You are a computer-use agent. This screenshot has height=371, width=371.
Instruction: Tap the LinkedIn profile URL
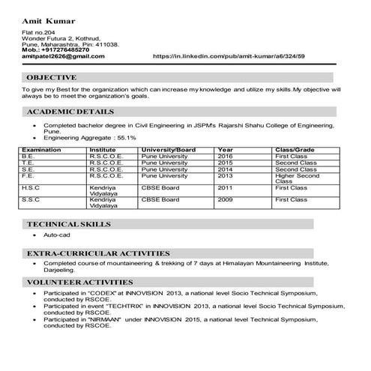coord(229,56)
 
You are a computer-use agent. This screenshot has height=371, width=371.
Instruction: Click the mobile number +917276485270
coord(67,50)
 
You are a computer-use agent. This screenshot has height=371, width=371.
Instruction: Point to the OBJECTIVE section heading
coord(51,77)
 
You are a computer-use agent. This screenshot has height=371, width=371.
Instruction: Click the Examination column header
coord(42,150)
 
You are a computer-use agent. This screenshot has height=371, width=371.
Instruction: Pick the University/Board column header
coord(168,150)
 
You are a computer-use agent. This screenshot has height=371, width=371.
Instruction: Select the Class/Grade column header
coord(295,150)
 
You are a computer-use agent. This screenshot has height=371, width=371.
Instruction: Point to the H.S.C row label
coord(31,187)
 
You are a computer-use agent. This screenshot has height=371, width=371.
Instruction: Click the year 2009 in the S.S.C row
coord(226,200)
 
